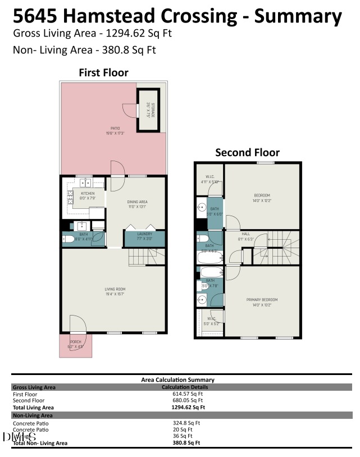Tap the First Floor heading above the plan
pos(103,72)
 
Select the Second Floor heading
pos(247,152)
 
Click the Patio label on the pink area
pos(115,130)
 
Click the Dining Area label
pos(136,202)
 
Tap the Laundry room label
pos(145,234)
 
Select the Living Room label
pos(114,290)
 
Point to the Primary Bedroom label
pos(262,300)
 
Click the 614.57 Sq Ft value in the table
pos(184,394)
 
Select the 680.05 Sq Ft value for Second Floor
pos(184,401)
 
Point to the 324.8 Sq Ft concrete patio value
pos(186,423)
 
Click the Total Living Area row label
pos(33,408)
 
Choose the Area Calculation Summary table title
pos(177,380)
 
